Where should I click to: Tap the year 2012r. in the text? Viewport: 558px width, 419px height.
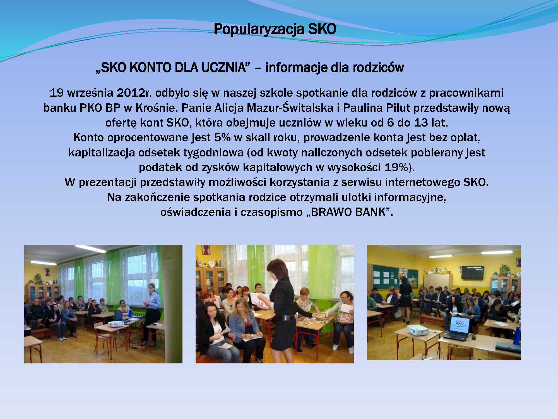point(134,93)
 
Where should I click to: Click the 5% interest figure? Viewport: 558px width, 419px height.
point(222,137)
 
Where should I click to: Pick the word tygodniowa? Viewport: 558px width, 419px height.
point(214,153)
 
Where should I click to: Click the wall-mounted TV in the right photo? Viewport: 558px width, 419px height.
point(472,273)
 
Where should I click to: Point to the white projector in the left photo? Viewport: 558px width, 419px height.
point(116,324)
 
